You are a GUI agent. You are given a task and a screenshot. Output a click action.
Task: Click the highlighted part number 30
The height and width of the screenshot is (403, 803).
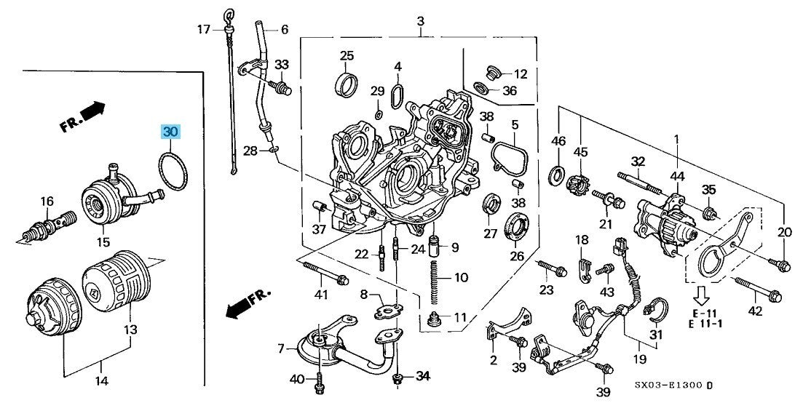pyautogui.click(x=170, y=132)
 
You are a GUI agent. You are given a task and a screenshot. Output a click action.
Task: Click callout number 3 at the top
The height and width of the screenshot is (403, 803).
pyautogui.click(x=420, y=23)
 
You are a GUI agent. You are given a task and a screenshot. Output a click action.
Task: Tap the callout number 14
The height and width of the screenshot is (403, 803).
pyautogui.click(x=102, y=380)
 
